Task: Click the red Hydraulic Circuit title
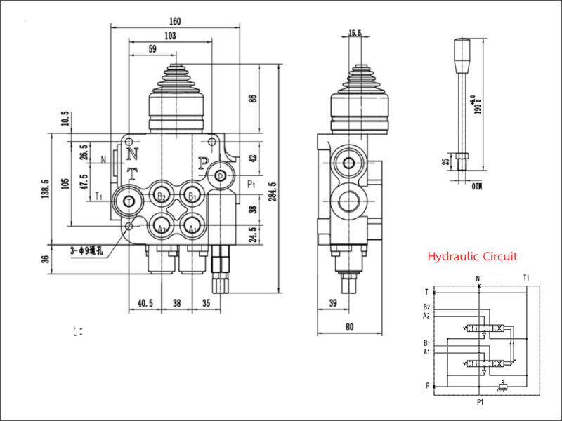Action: coord(472,257)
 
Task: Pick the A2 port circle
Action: coord(162,227)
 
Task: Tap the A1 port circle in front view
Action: coord(190,227)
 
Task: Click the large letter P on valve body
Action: coord(202,164)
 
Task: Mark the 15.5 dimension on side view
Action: coord(355,33)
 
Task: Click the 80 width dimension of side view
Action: coord(349,326)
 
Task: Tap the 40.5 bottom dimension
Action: coord(145,303)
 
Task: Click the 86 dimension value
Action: coord(253,98)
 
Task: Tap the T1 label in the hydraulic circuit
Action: coord(527,278)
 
